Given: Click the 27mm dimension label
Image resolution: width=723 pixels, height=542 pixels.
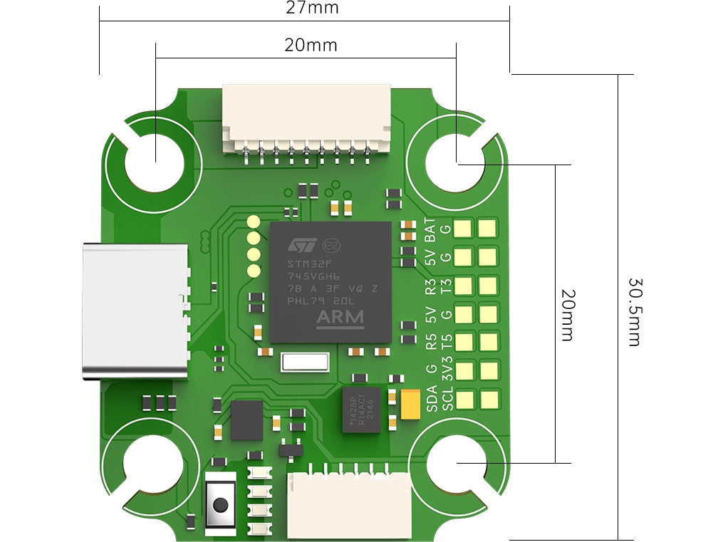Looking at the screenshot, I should (x=312, y=9).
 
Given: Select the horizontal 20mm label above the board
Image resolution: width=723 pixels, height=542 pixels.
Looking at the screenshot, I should (x=311, y=46).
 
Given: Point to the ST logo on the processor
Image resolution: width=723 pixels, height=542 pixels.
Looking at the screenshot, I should (x=301, y=244).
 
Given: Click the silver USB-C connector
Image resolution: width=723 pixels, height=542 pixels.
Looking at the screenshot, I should (x=135, y=311).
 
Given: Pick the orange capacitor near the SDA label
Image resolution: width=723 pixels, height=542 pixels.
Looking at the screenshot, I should (x=411, y=403).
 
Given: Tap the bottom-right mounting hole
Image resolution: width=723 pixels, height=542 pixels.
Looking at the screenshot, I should (x=457, y=463).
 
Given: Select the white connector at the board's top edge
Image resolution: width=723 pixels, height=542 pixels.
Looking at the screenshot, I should (x=306, y=118).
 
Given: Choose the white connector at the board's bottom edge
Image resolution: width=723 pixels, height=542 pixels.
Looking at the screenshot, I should (x=350, y=505).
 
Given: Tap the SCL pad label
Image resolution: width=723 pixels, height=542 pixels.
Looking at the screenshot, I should (x=447, y=399).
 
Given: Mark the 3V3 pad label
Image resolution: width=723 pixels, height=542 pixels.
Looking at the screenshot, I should (x=447, y=370).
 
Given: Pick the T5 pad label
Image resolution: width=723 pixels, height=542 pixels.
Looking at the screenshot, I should (x=447, y=343).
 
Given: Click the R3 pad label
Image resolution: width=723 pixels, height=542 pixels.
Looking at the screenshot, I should (x=430, y=286).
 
